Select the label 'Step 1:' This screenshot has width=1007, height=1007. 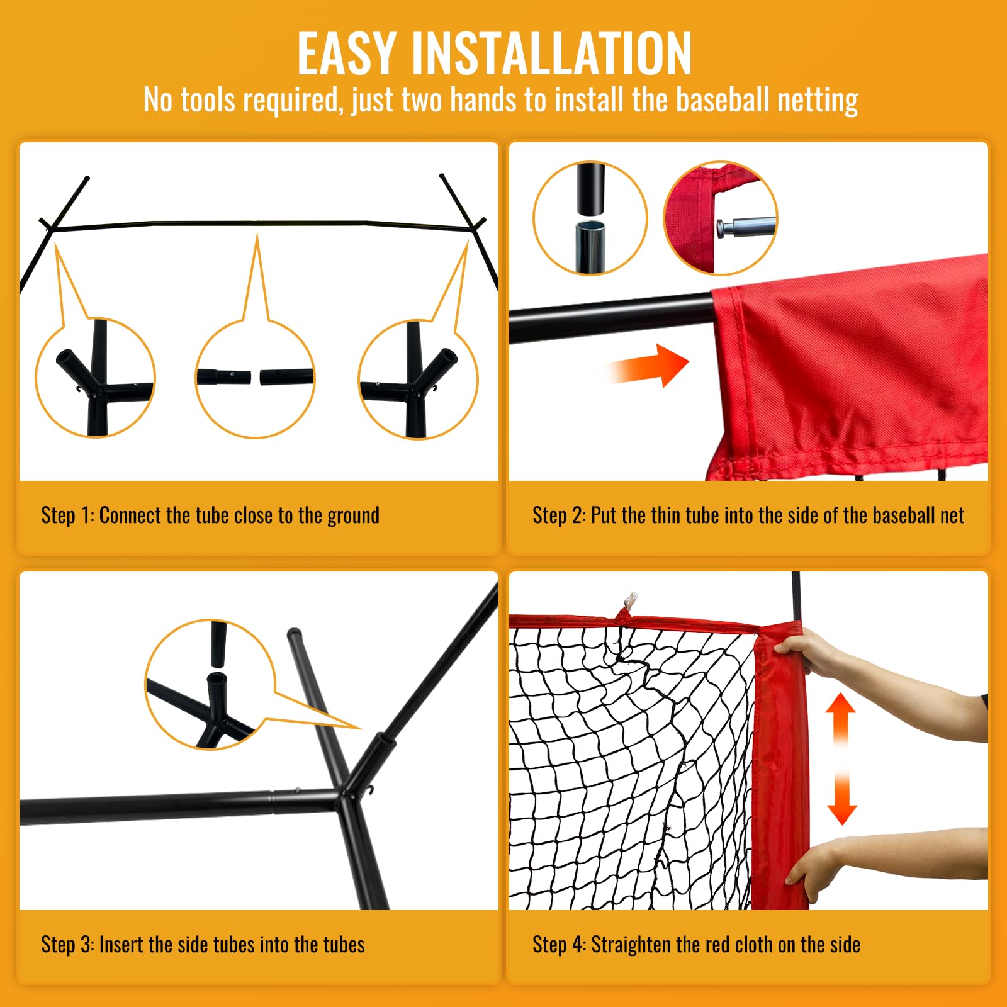(x=67, y=515)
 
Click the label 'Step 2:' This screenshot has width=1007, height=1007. (x=559, y=515)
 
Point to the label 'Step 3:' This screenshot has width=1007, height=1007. (x=67, y=945)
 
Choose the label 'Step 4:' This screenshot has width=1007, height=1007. (x=559, y=945)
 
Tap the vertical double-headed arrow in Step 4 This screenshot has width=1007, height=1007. (x=841, y=758)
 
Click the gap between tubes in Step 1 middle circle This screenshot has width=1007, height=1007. (x=255, y=378)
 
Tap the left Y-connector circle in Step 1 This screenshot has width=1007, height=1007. (x=94, y=378)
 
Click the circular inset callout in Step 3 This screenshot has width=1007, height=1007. (x=210, y=684)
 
